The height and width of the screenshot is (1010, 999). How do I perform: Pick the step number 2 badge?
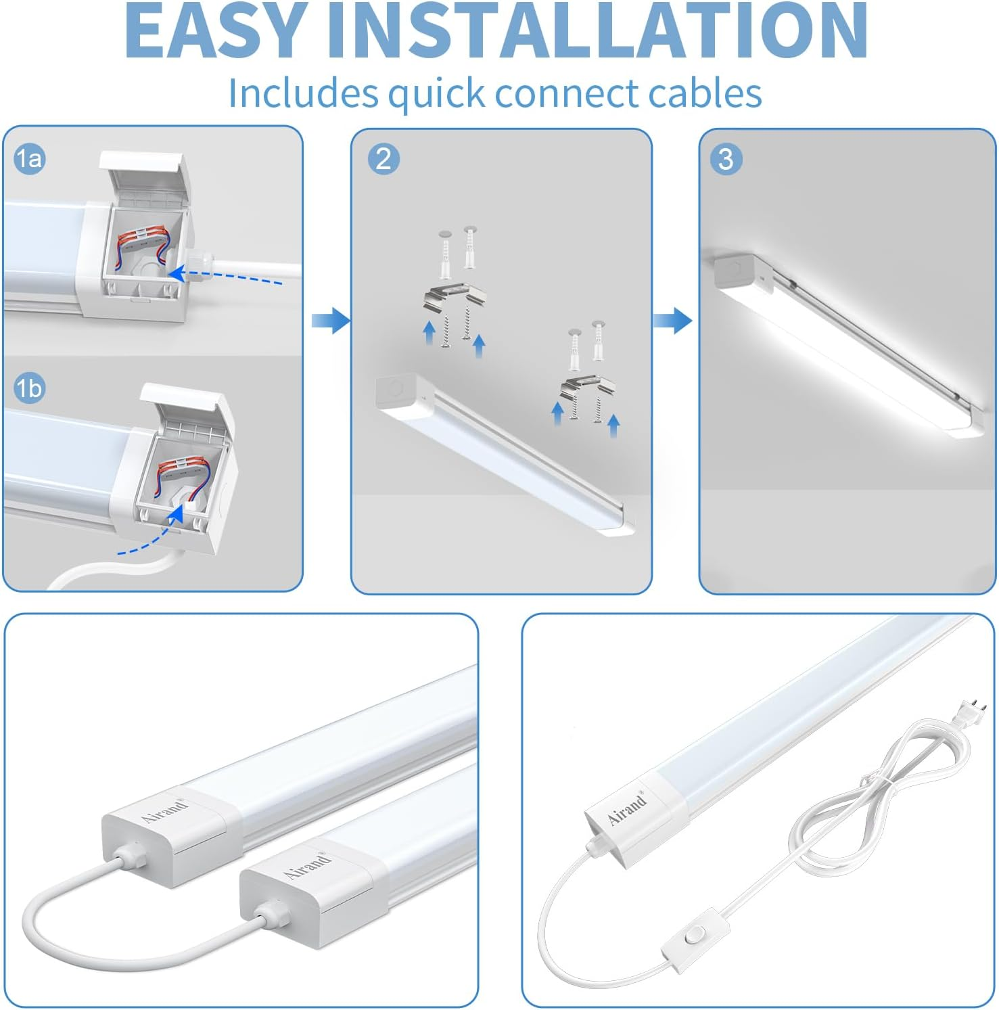pyautogui.click(x=384, y=159)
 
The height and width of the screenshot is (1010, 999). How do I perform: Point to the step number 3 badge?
pyautogui.click(x=726, y=159)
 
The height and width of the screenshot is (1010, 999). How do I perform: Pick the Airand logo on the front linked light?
pyautogui.click(x=308, y=866)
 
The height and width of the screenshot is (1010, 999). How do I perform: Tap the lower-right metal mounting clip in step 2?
pyautogui.click(x=586, y=392)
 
